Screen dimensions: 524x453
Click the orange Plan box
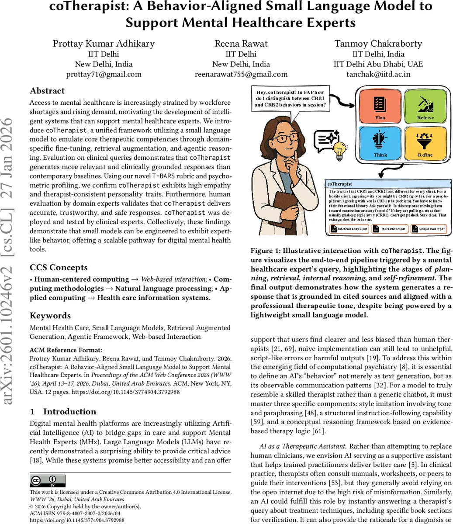coord(380,105)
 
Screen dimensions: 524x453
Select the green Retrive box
coord(425,105)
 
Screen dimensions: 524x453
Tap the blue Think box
coord(380,142)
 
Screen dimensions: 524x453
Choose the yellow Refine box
coord(425,142)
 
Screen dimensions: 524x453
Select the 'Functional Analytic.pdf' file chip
coord(349,228)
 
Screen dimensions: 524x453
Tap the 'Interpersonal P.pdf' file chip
coord(429,228)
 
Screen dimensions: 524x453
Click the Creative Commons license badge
coord(48,481)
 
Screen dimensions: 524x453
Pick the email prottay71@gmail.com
coord(104,74)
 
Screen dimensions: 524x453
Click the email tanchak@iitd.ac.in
coord(378,74)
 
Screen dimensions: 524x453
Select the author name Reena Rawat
coord(241,44)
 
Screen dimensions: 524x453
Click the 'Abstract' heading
coord(47,91)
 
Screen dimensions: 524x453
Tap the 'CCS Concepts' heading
coord(59,267)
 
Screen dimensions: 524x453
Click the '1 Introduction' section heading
coord(63,411)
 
